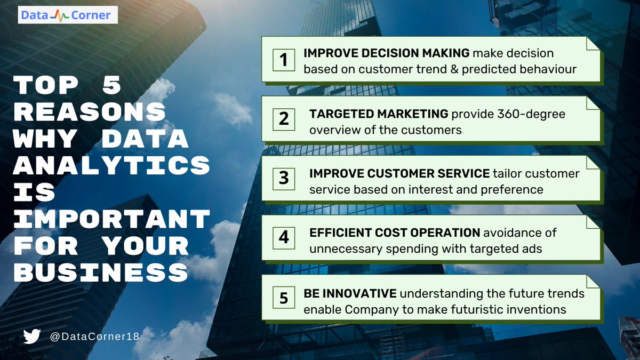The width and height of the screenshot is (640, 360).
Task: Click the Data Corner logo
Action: [x=66, y=15]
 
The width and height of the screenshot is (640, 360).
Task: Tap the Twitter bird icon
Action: [x=32, y=337]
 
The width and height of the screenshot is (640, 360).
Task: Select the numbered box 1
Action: [x=284, y=59]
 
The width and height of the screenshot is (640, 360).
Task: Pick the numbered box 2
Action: [x=284, y=119]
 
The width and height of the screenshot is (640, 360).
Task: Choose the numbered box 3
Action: [x=284, y=178]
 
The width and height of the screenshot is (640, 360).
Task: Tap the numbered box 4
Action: [x=284, y=237]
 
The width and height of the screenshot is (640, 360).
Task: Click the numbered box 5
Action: [x=284, y=297]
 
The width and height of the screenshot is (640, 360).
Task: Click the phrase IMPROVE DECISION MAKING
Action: [x=386, y=53]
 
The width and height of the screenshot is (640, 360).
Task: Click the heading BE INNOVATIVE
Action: [x=350, y=293]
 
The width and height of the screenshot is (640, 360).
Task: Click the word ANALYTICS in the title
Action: [x=111, y=166]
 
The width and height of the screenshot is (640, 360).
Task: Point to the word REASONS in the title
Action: [x=89, y=112]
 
